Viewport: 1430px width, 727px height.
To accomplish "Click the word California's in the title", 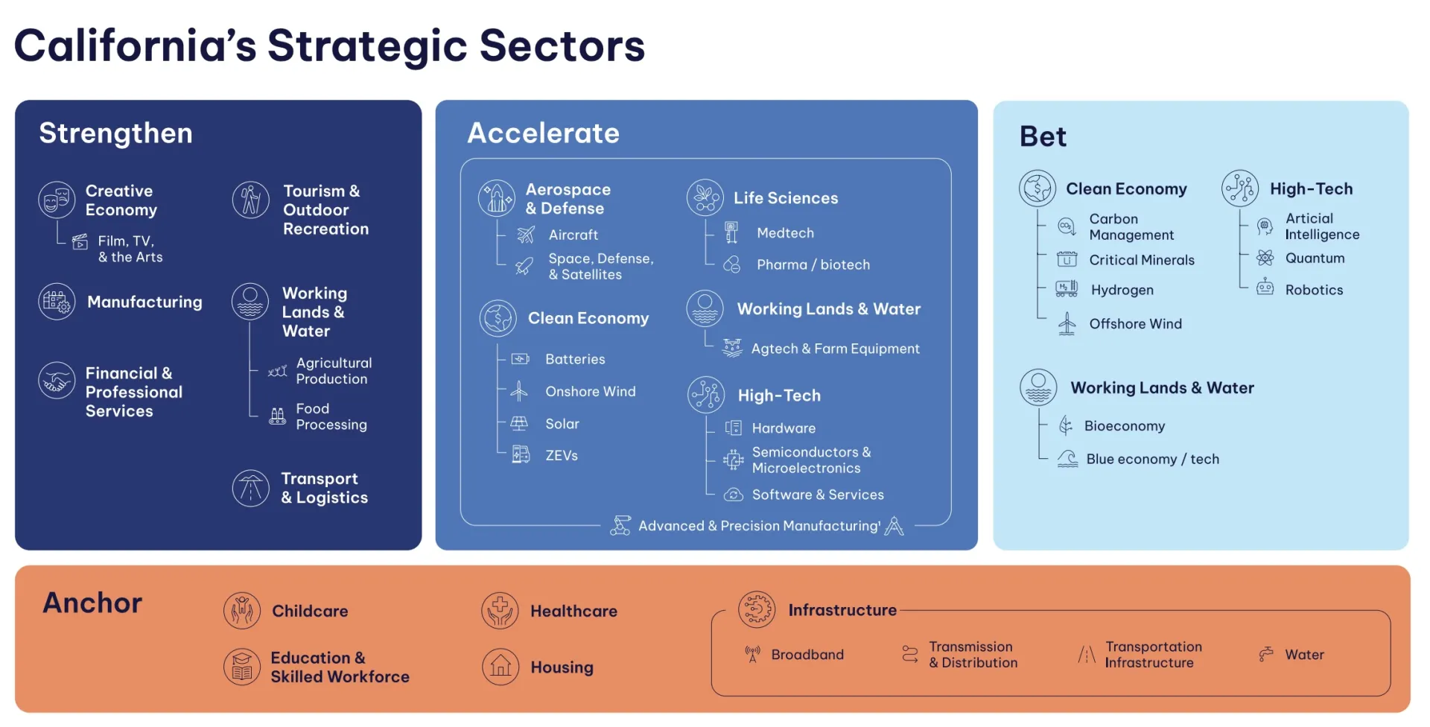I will [x=135, y=46].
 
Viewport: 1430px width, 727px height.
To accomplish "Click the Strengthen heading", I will [x=115, y=133].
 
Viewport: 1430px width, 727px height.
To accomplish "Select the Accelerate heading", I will [x=543, y=133].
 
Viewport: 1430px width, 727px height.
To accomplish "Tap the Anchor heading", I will [x=92, y=603].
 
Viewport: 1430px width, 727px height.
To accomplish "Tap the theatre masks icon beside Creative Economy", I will [x=57, y=200].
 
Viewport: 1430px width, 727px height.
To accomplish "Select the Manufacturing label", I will [x=144, y=302].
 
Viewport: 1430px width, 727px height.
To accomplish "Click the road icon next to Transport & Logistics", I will [x=250, y=489].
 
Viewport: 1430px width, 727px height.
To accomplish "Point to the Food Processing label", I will [x=331, y=416].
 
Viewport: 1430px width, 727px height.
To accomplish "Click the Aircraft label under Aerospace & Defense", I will [x=573, y=235].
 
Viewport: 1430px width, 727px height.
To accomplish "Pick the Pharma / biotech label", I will [x=813, y=264].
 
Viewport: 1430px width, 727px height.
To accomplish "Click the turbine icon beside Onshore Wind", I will [x=519, y=391].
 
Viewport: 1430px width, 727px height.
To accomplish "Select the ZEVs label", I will [x=561, y=455].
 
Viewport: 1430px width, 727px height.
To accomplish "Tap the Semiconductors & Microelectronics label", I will [x=810, y=460].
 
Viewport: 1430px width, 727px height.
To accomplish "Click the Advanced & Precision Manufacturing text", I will [x=759, y=526].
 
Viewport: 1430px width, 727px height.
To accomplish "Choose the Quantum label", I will [x=1315, y=258].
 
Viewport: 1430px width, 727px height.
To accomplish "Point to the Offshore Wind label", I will [x=1135, y=324].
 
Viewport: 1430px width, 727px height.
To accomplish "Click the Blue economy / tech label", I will [x=1152, y=459].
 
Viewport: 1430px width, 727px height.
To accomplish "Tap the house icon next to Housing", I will [x=500, y=666].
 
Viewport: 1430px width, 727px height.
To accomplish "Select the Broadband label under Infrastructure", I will [x=807, y=655].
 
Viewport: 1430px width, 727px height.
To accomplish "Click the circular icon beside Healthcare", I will [x=500, y=611].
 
